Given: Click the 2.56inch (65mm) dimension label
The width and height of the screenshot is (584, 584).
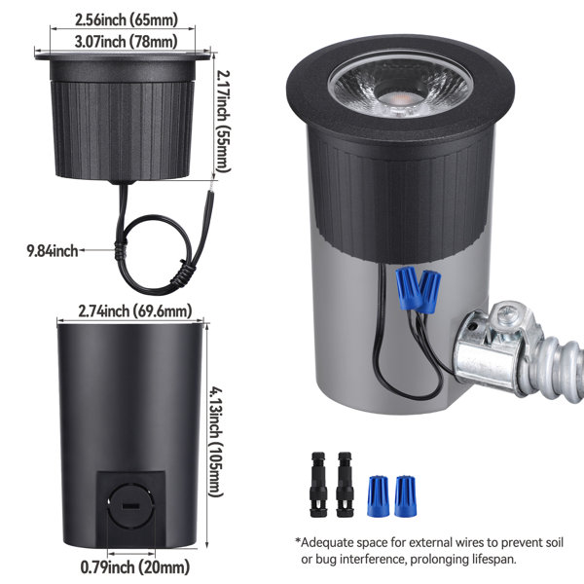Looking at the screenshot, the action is pos(127,19).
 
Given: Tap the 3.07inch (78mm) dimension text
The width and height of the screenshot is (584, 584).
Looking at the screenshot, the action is pos(126,41).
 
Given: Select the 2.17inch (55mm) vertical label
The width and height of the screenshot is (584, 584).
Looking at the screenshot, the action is pos(223,122).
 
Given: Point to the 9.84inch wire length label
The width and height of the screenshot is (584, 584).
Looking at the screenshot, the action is pos(53,251).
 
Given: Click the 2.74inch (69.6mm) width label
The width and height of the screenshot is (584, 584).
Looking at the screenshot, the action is pos(135,310).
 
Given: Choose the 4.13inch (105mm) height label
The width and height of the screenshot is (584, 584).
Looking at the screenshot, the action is pos(216,441).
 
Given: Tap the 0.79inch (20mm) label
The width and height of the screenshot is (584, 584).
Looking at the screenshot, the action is pos(135,567).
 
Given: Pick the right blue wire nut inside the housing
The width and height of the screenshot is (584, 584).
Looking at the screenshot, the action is pos(429,292).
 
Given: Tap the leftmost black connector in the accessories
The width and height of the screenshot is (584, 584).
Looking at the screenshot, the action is pos(318,484).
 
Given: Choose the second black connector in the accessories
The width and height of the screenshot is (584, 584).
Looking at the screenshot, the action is pos(345,484).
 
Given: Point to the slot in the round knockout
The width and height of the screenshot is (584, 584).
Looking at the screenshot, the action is pos(130,506).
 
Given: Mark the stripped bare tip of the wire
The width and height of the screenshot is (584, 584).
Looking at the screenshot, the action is pos(211,186).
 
